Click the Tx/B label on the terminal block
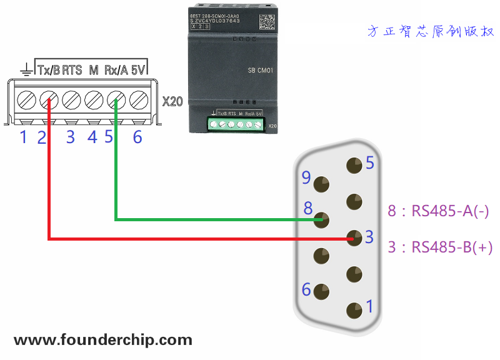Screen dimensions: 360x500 (x=49, y=70)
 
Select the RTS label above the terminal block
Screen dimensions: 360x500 (x=72, y=70)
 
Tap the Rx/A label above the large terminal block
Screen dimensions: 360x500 (x=116, y=70)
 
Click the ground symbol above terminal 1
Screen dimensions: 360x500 (x=26, y=69)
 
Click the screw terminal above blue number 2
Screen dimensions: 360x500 (x=48, y=99)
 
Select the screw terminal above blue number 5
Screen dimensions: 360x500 (x=116, y=99)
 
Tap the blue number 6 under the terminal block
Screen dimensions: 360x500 (x=137, y=137)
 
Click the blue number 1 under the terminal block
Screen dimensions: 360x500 (x=24, y=137)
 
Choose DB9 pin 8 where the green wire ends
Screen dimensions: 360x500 (x=322, y=219)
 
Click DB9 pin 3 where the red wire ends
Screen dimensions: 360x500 (x=354, y=238)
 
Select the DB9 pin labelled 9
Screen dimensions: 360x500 (x=322, y=184)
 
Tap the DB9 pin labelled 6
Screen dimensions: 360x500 (x=322, y=291)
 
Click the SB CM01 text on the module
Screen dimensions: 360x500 (x=261, y=71)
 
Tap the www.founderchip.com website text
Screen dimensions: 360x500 (x=103, y=341)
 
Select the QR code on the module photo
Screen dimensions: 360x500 (x=267, y=21)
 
